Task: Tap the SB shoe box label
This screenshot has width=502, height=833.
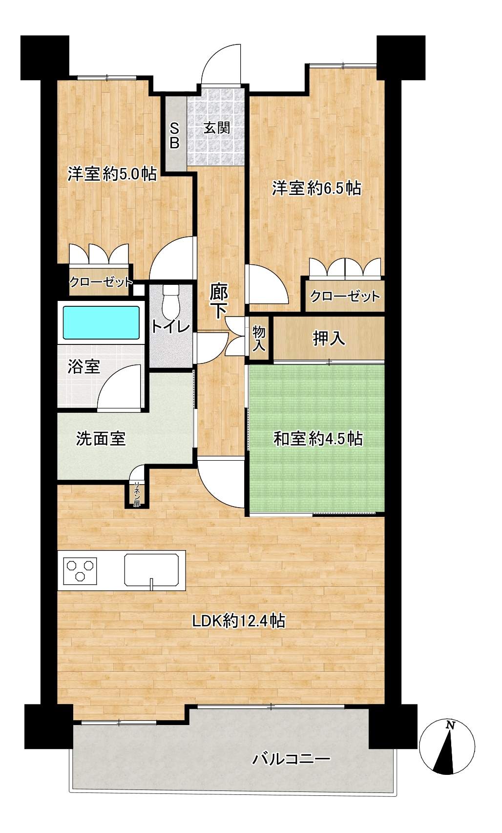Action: [175, 135]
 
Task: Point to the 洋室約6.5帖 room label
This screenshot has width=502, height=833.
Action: [316, 188]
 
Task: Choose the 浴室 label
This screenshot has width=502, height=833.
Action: [84, 366]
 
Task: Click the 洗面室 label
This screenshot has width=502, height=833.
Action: [101, 438]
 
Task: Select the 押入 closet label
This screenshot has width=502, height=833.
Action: [329, 338]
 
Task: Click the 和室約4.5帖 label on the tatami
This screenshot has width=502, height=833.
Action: [317, 439]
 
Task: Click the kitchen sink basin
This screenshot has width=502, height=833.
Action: [153, 569]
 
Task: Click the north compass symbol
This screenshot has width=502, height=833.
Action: [447, 748]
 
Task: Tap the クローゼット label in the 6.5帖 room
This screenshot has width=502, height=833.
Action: [345, 296]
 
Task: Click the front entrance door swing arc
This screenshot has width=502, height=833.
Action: [222, 64]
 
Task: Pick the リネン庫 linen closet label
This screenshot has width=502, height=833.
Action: [138, 493]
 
